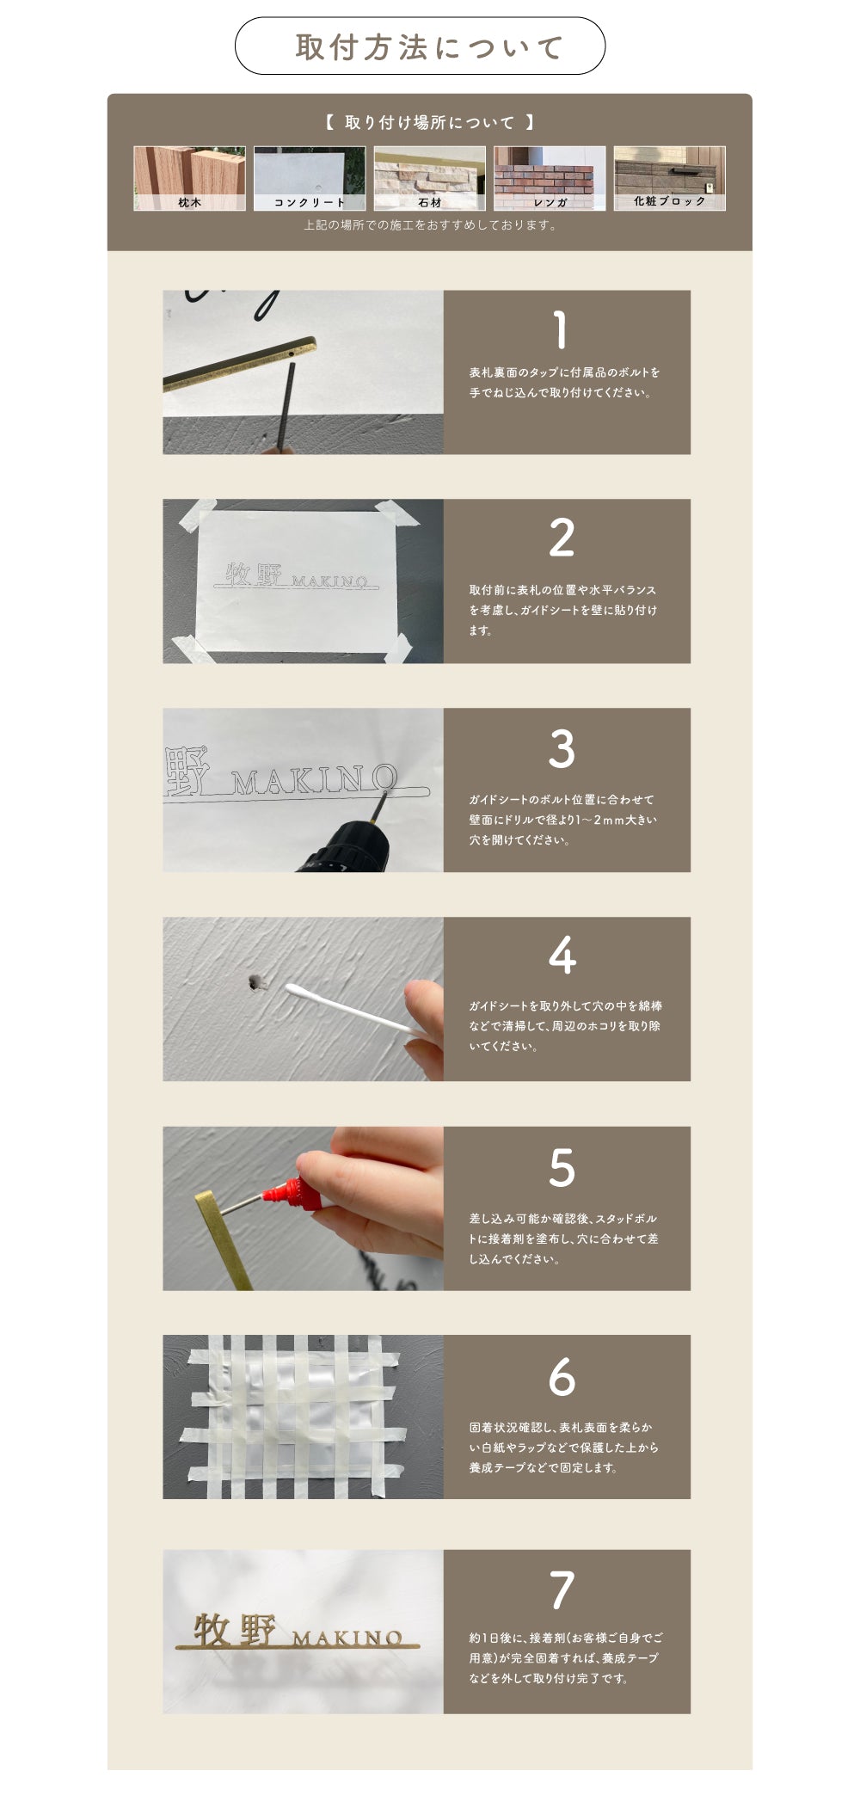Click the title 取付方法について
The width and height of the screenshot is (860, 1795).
[x=429, y=47]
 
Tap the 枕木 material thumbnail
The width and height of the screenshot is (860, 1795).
[x=189, y=178]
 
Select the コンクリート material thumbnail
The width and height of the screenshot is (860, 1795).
[x=310, y=178]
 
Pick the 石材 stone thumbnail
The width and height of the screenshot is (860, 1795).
[x=429, y=178]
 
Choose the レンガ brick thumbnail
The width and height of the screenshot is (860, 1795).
[x=550, y=178]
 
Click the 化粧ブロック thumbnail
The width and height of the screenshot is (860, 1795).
[x=669, y=178]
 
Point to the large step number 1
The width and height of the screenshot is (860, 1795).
[x=561, y=330]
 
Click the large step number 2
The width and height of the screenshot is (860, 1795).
[x=562, y=538]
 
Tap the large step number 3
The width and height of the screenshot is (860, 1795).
[x=562, y=748]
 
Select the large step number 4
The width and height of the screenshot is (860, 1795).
[x=562, y=956]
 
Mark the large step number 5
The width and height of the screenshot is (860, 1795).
[x=562, y=1167]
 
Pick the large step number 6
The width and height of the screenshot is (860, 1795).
[x=562, y=1377]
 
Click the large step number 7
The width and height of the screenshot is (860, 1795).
[x=562, y=1590]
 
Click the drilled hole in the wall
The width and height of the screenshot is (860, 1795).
[x=255, y=980]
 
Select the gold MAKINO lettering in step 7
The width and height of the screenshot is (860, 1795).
[x=347, y=1638]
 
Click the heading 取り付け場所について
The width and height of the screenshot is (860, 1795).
[x=429, y=122]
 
